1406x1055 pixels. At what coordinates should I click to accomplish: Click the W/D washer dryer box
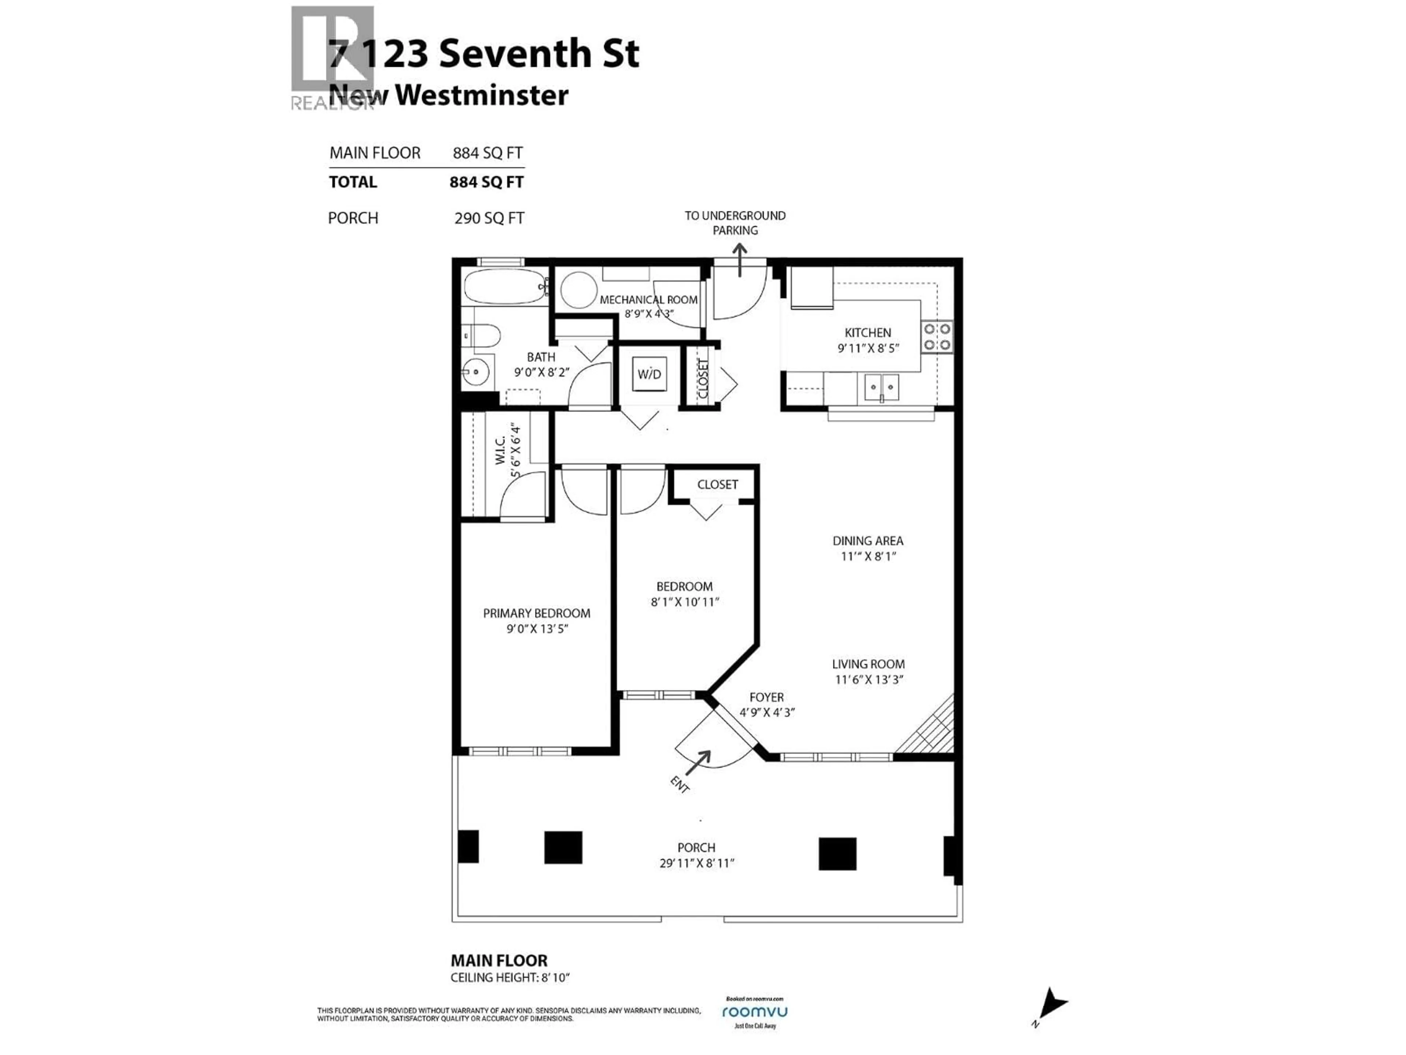649,374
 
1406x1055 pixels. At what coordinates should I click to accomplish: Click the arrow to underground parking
740,261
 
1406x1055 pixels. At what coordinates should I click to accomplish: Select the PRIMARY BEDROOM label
536,613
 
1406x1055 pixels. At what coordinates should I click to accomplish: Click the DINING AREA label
868,541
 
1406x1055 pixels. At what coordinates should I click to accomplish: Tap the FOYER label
767,697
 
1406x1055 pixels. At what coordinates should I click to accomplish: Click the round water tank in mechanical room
579,290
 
